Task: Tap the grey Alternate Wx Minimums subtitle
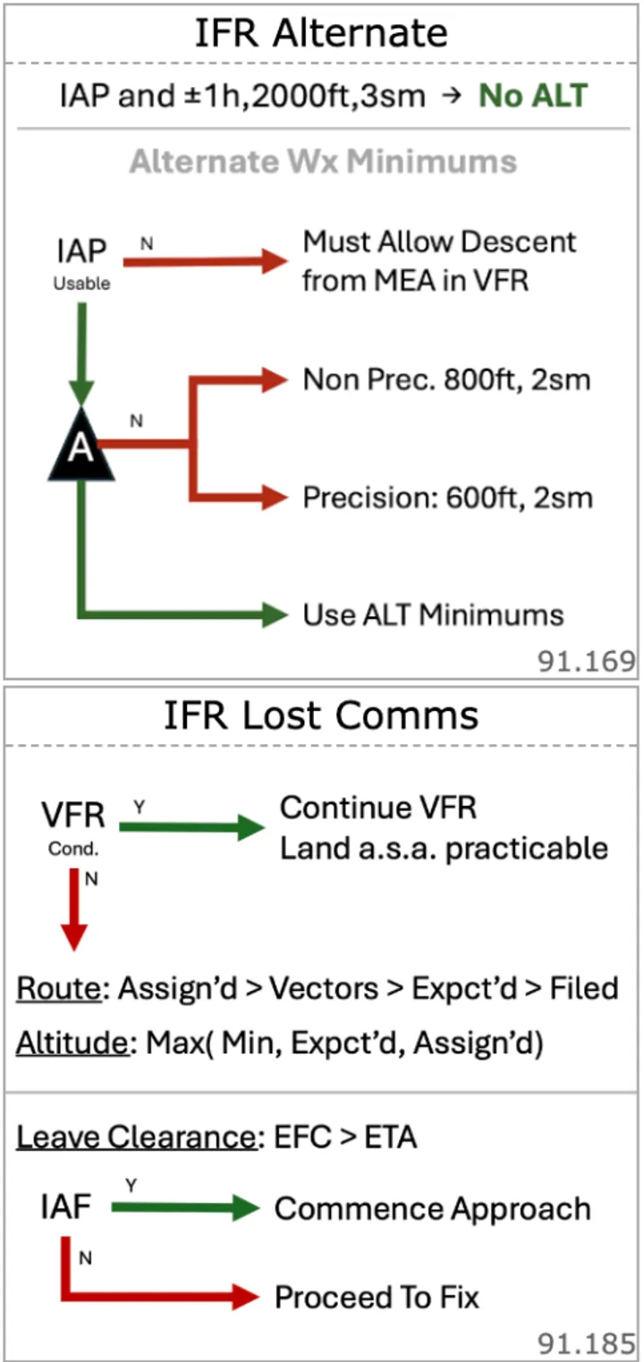[322, 162]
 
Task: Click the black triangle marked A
[81, 446]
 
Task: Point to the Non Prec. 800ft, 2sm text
[447, 380]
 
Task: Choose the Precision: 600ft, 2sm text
[447, 497]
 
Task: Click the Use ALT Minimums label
[433, 615]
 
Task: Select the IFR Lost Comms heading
[321, 715]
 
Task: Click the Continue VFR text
[378, 808]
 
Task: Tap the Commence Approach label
[433, 1209]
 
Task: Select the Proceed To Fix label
[377, 1297]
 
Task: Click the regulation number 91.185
[586, 1343]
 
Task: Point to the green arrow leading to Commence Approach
[185, 1209]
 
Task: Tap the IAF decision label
[66, 1209]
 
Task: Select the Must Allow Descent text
[439, 242]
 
